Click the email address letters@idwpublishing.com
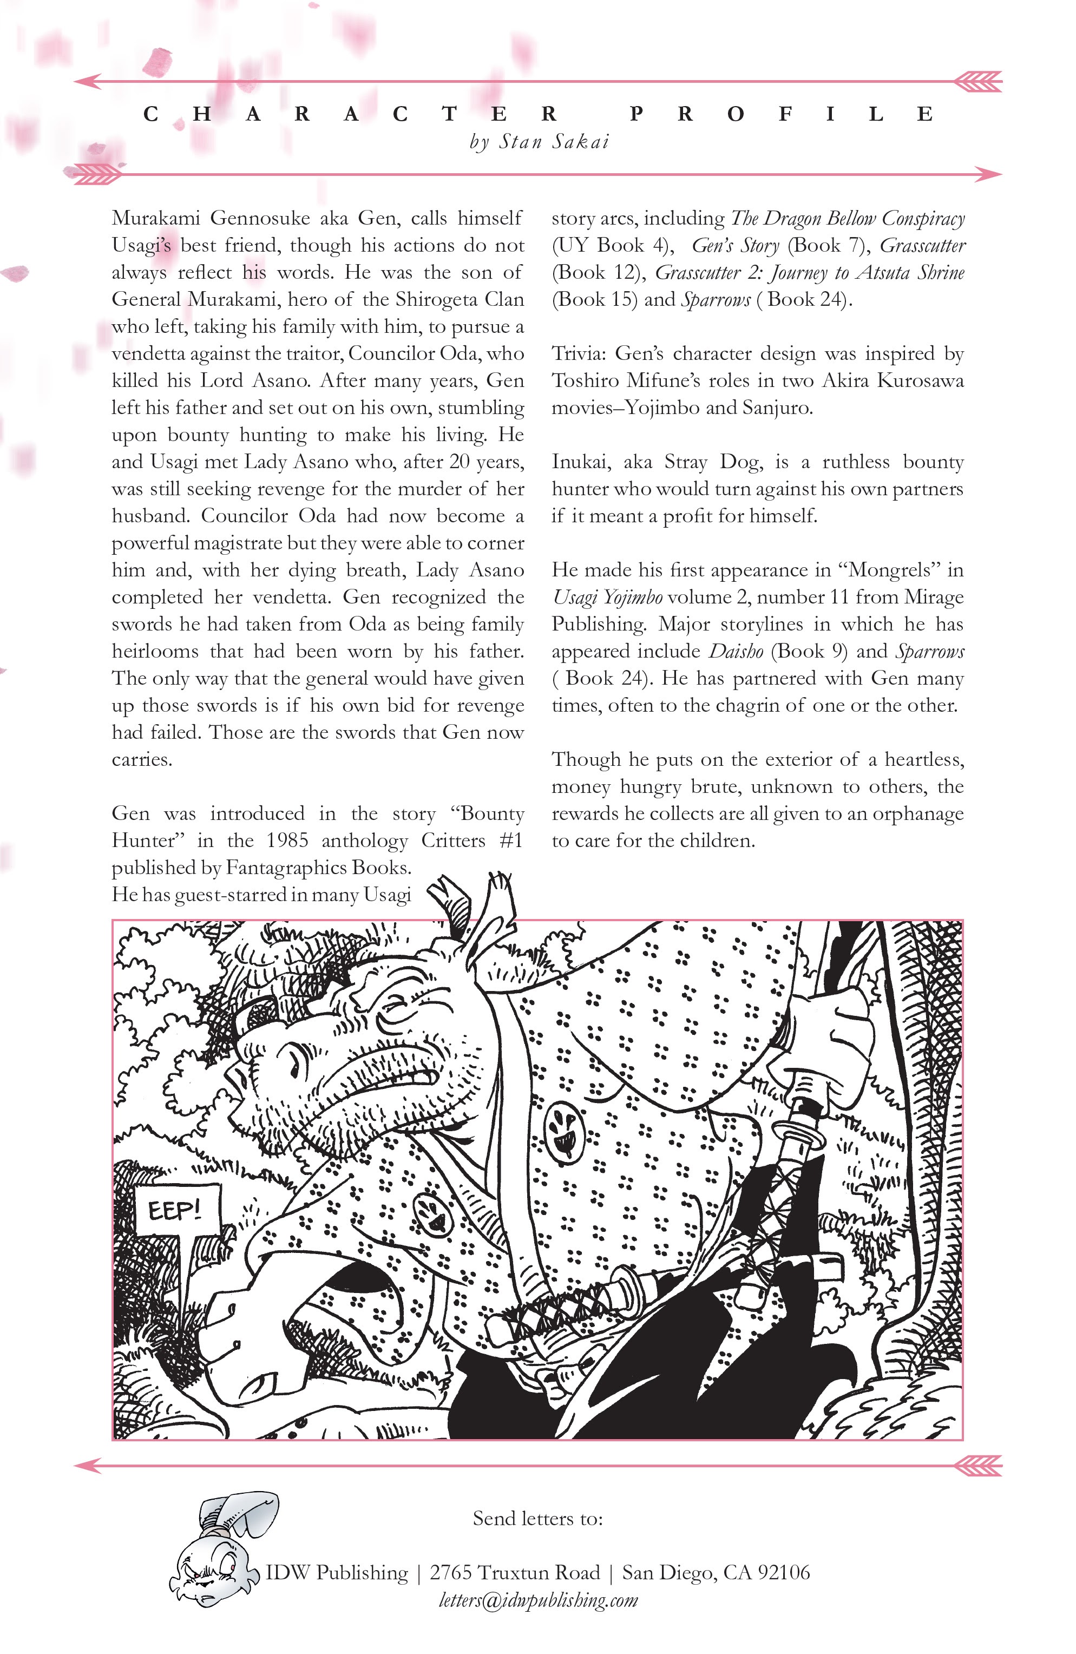pyautogui.click(x=538, y=1600)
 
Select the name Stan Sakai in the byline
pyautogui.click(x=554, y=142)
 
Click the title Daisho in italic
pyautogui.click(x=736, y=651)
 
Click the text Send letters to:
pyautogui.click(x=537, y=1519)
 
